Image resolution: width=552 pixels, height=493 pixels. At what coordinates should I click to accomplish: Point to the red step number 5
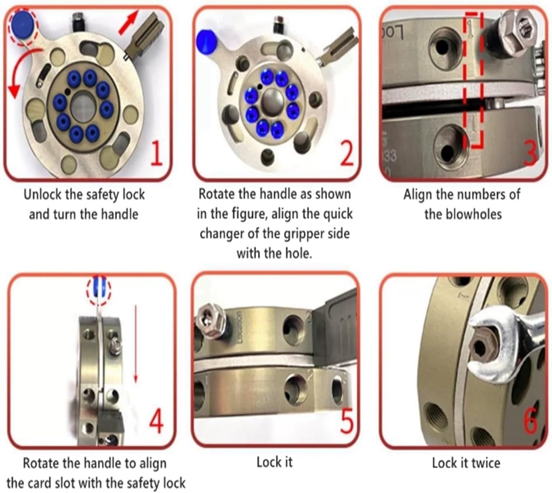click(346, 419)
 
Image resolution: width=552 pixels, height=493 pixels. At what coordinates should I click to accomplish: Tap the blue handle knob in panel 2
click(206, 42)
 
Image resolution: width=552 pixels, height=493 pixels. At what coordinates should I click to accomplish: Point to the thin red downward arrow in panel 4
click(135, 343)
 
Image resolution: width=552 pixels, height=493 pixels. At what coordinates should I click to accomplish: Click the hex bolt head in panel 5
click(210, 322)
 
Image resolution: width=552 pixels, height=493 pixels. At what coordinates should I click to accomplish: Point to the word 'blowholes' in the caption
click(474, 215)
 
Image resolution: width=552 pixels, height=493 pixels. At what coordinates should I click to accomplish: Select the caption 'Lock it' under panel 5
click(274, 463)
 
